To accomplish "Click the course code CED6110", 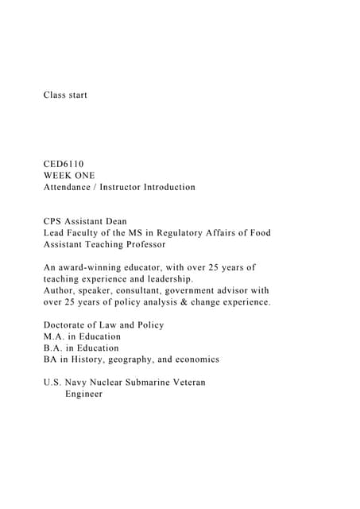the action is (x=64, y=164).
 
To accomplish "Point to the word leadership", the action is (x=166, y=279).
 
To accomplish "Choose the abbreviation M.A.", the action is (x=55, y=336).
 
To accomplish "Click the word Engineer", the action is (x=83, y=394).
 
